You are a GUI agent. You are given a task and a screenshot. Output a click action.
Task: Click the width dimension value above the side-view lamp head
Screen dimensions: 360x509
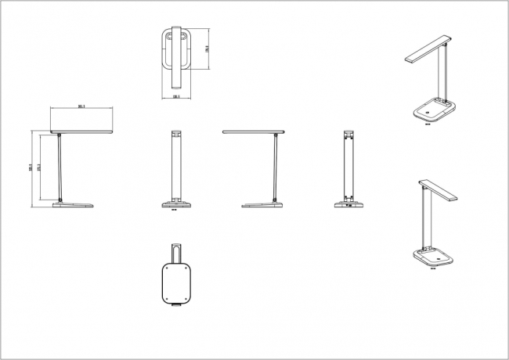pyautogui.click(x=81, y=106)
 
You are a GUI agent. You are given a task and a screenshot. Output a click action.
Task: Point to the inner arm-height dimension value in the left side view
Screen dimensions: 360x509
pyautogui.click(x=38, y=173)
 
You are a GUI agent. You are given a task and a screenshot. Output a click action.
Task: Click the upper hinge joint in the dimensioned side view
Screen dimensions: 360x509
pyautogui.click(x=60, y=135)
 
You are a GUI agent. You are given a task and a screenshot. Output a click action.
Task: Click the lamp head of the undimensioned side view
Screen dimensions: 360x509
pyautogui.click(x=254, y=131)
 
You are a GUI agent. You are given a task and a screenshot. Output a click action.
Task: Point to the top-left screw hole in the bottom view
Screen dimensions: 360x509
pyautogui.click(x=166, y=268)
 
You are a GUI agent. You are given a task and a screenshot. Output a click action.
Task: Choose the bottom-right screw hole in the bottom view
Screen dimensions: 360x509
pyautogui.click(x=190, y=301)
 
